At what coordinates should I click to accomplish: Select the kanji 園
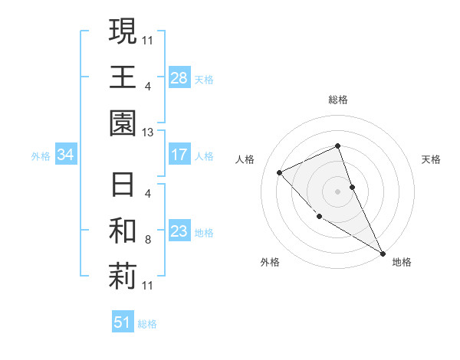point(123,123)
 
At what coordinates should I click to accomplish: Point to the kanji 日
point(123,185)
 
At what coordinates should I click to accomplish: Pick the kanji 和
point(123,231)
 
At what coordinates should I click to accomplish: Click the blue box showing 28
point(179,77)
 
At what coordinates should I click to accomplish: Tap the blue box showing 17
point(179,155)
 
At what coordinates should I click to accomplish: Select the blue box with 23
point(179,232)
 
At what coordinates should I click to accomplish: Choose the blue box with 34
point(66,155)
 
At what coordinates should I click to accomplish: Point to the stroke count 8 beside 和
point(147,240)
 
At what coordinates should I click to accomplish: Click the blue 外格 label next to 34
point(41,156)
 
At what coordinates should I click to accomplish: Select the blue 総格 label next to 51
point(147,324)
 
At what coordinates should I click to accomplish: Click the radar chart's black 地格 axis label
point(402,262)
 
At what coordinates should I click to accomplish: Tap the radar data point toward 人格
point(280,172)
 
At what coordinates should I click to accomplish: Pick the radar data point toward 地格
point(383,253)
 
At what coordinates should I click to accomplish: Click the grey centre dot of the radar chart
point(337,191)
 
